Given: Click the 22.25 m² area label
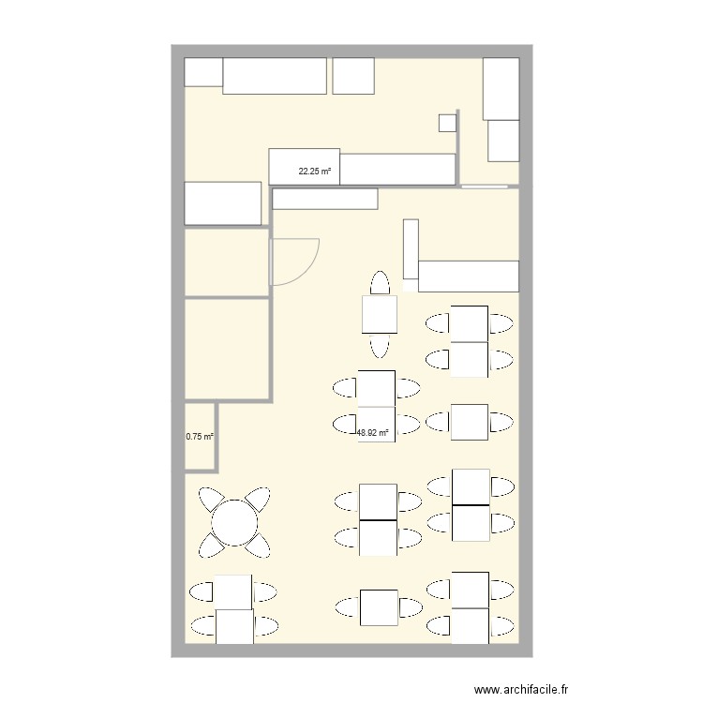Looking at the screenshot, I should [x=314, y=172].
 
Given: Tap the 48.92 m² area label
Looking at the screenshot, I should [x=372, y=433].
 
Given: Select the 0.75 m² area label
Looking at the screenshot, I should [x=199, y=437].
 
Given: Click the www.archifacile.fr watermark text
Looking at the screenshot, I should [x=521, y=689].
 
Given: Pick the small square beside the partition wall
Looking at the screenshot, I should [x=447, y=121].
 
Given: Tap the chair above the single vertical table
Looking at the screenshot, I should [x=380, y=282].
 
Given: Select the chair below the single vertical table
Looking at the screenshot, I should [x=380, y=345].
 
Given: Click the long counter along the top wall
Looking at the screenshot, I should [x=274, y=76].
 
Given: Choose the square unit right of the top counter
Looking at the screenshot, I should [x=353, y=76].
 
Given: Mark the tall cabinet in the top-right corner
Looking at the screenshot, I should [x=501, y=88].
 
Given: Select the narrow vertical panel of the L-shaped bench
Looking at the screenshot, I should [x=411, y=248].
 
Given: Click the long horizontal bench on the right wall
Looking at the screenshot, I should [x=468, y=276].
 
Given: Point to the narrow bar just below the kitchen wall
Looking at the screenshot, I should [x=324, y=199].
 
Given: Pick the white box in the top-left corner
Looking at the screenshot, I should [x=203, y=72].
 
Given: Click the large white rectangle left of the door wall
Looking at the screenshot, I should [x=222, y=203].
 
